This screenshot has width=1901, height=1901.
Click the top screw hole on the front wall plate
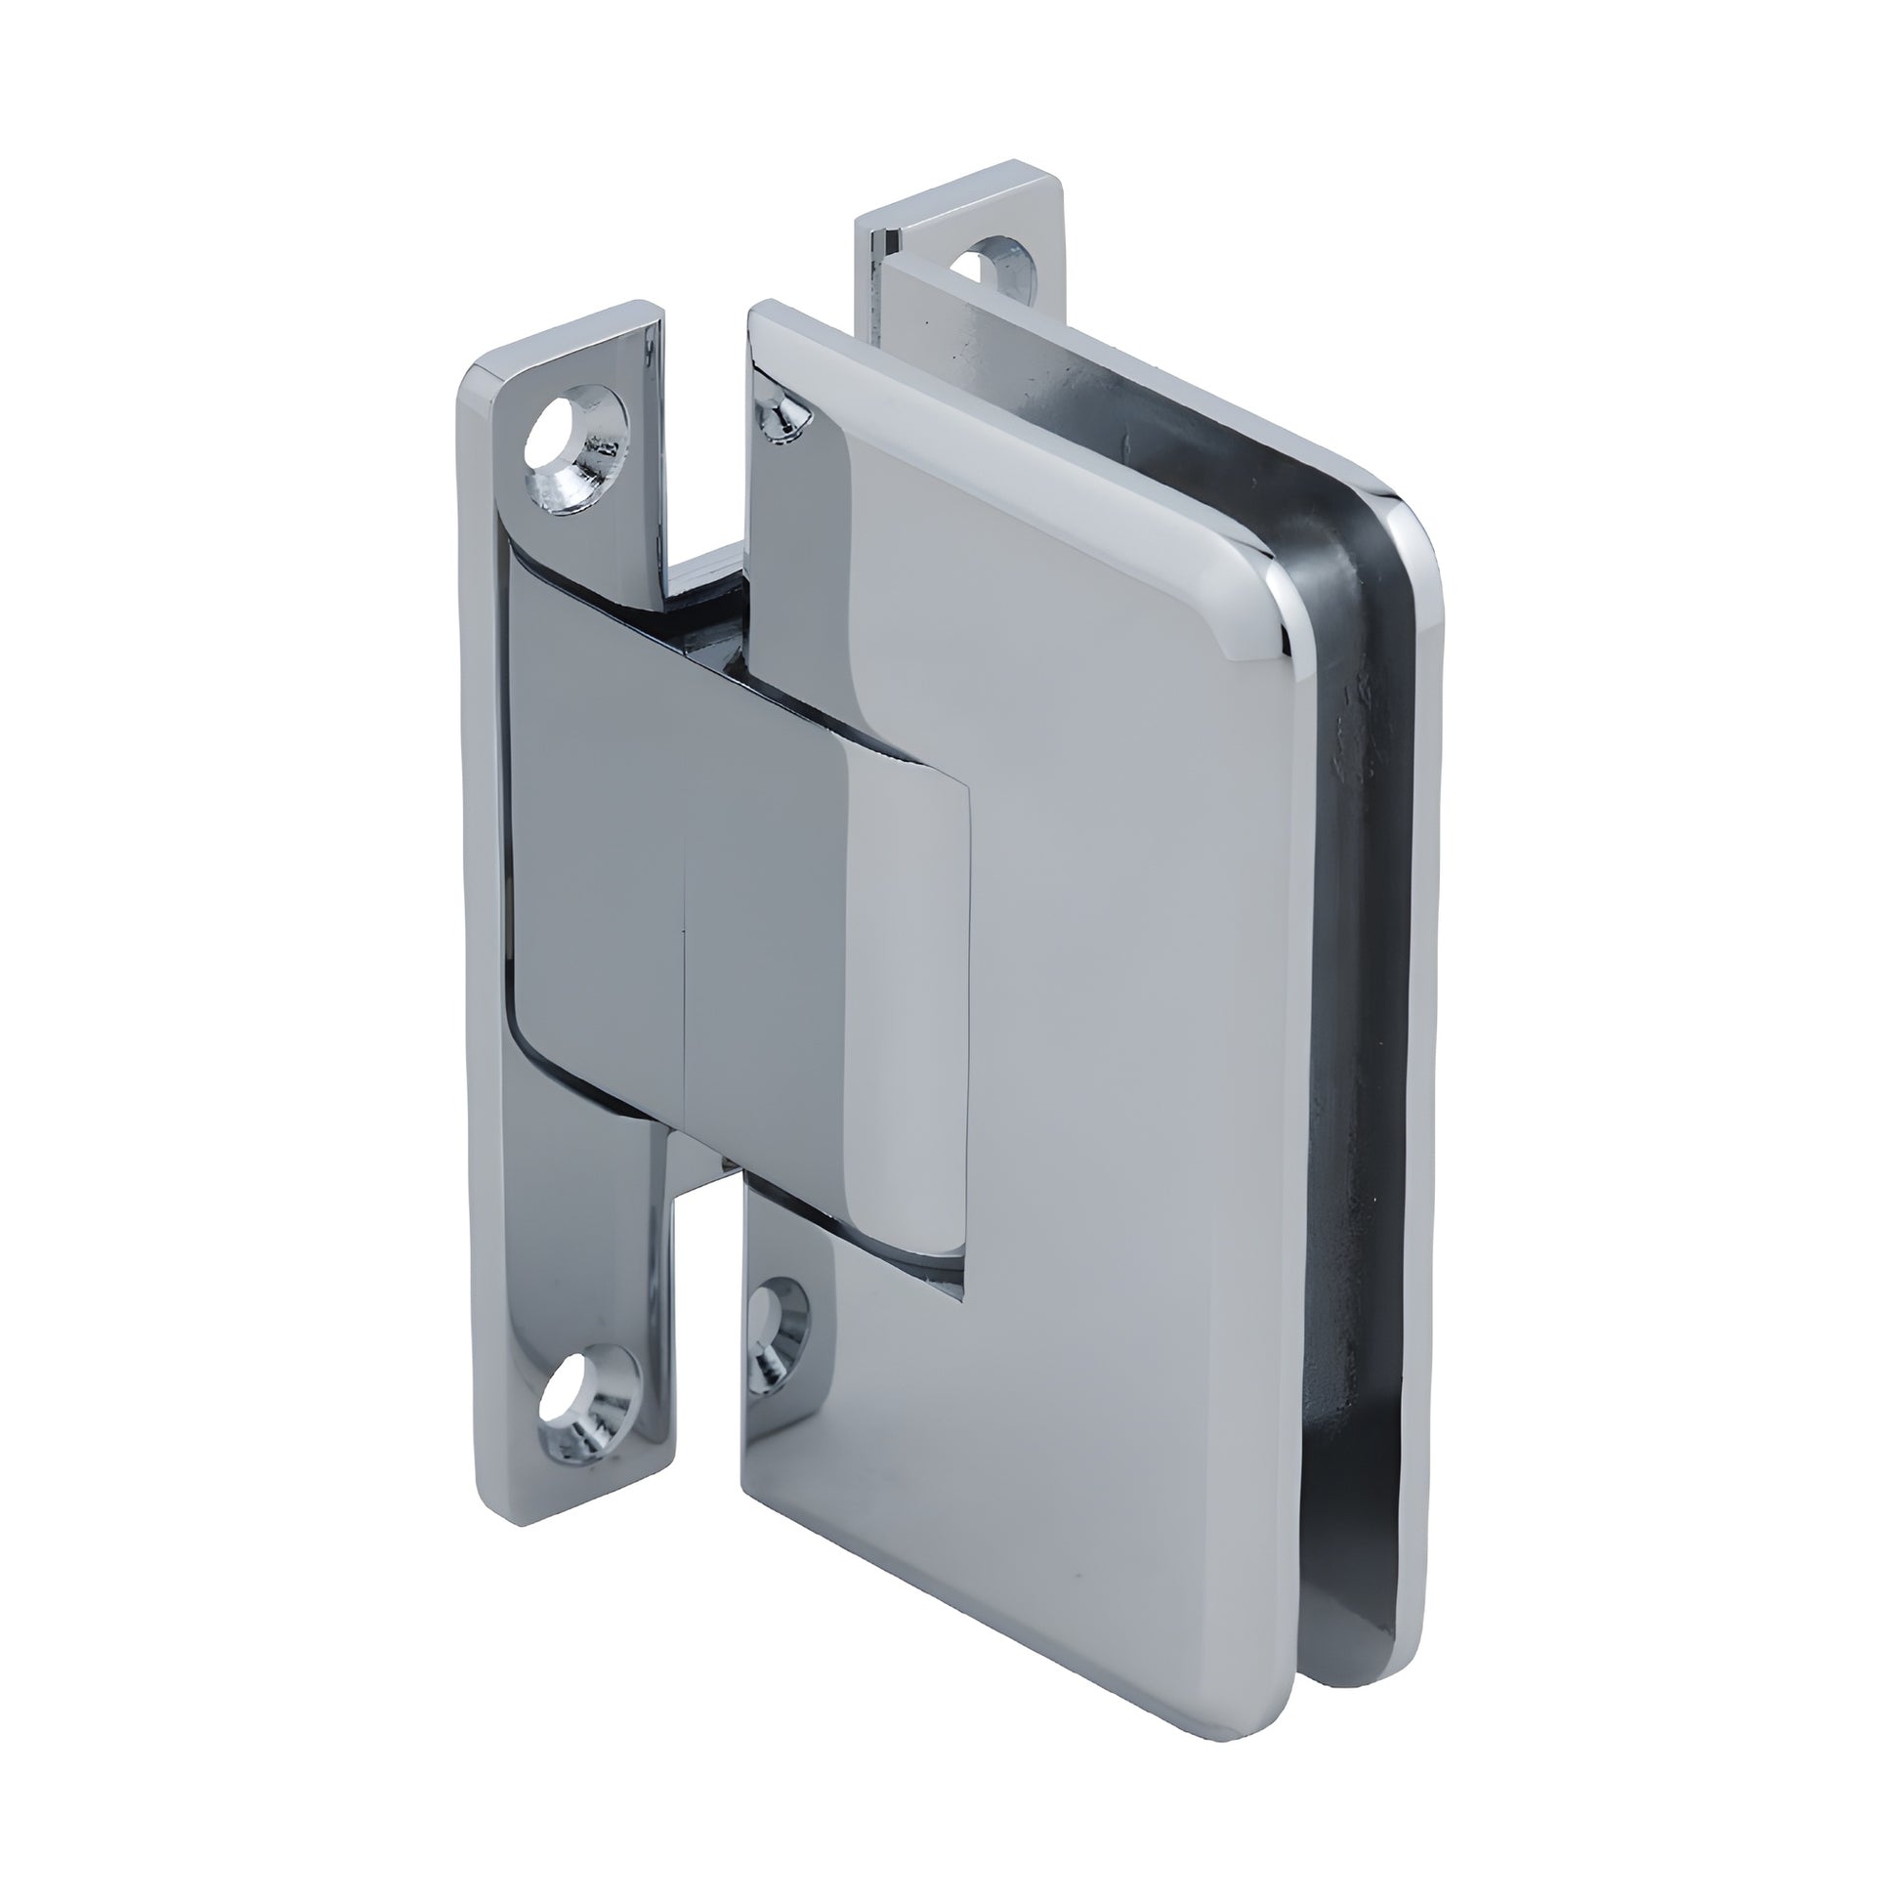click(x=573, y=441)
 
